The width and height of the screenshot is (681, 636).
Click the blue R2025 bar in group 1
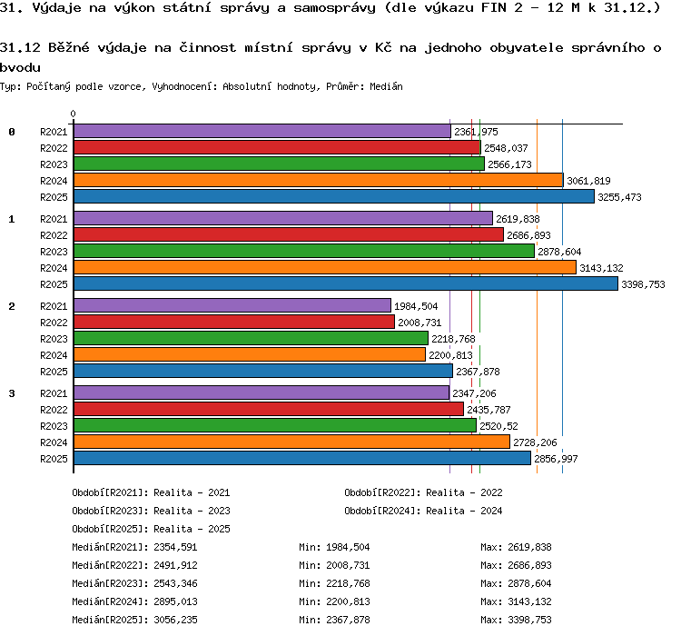346,283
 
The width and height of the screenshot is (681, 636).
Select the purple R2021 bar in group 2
232,305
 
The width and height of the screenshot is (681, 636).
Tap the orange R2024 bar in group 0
319,181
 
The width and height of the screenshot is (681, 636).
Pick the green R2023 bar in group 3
275,425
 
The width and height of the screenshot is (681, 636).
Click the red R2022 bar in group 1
289,234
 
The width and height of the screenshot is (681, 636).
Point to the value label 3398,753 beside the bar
643,284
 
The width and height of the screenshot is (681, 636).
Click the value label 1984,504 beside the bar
416,306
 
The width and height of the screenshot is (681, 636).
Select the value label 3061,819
588,181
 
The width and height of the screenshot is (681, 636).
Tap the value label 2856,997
556,459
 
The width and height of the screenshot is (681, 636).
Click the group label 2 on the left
12,306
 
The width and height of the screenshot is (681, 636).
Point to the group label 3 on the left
12,393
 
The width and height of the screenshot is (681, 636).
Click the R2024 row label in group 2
54,355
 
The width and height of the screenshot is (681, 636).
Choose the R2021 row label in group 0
54,132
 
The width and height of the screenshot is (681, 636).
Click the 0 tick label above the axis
73,114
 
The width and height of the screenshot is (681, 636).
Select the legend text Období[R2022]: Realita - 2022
423,492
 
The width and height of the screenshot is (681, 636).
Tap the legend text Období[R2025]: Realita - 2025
151,529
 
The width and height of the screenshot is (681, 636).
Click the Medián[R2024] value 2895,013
175,601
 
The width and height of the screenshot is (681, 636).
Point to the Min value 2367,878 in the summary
349,620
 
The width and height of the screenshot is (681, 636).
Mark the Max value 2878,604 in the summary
530,583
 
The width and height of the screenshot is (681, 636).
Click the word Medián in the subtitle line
386,86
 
